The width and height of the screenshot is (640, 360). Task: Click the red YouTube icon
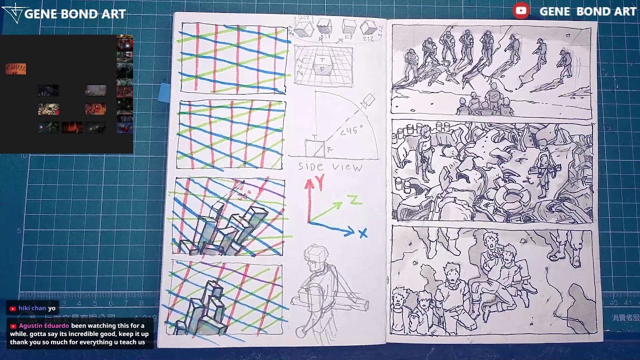click(x=521, y=10)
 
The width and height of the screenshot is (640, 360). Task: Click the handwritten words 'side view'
click(x=330, y=166)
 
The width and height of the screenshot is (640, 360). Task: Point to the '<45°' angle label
click(x=350, y=131)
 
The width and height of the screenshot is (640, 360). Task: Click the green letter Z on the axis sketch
click(x=354, y=200)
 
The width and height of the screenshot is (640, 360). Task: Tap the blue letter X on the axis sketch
click(x=362, y=233)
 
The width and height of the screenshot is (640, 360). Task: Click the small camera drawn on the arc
click(x=368, y=100)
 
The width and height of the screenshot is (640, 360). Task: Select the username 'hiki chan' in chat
click(x=32, y=308)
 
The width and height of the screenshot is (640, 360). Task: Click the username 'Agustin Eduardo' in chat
click(x=44, y=325)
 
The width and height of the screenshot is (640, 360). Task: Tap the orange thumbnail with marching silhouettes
click(x=15, y=69)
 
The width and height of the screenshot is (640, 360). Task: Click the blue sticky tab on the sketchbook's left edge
click(x=164, y=92)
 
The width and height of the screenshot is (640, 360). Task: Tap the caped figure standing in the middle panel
click(x=424, y=150)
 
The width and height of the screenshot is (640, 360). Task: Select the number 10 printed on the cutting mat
click(x=23, y=156)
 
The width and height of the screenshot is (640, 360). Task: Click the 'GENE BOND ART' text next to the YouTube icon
click(x=587, y=11)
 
